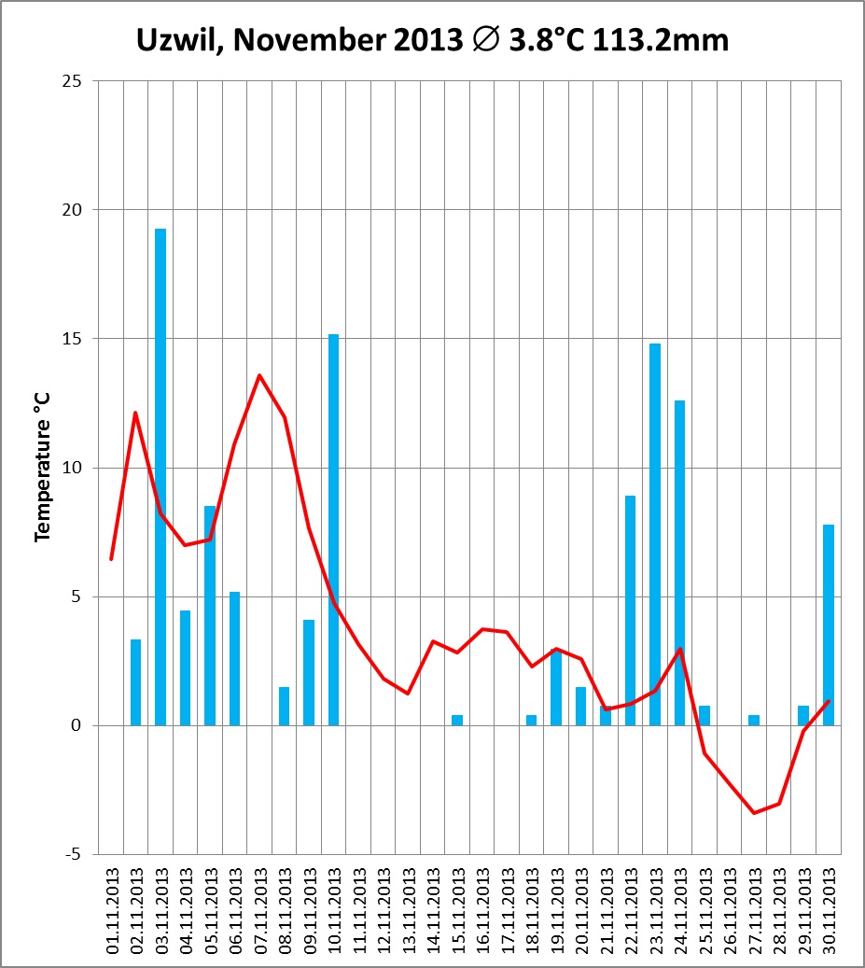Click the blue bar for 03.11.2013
coord(160,476)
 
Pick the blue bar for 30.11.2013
coord(829,624)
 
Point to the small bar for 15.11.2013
coord(457,720)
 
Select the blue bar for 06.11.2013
coord(235,658)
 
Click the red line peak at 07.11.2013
coord(259,375)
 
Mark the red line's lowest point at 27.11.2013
coord(754,813)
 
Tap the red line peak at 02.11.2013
coord(135,413)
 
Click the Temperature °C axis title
coord(42,468)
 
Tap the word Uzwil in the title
coord(173,41)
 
